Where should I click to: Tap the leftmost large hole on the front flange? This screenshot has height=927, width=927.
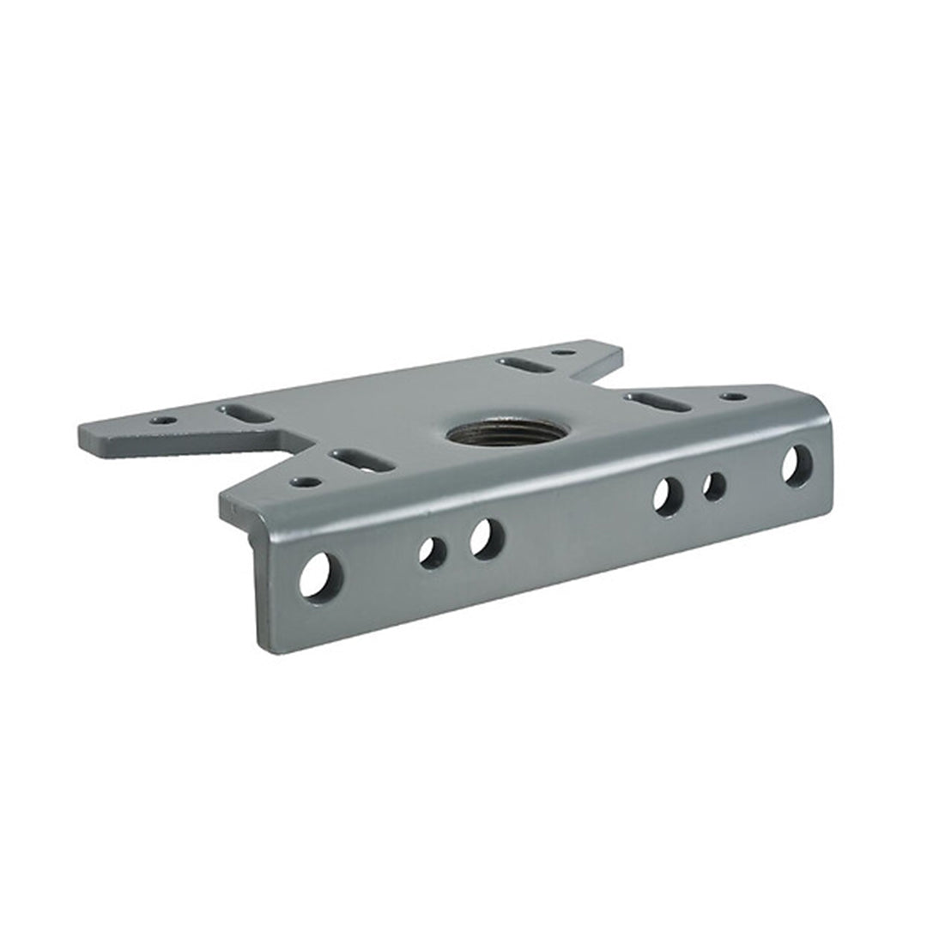click(x=320, y=576)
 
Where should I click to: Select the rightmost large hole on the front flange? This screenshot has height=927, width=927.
click(x=797, y=465)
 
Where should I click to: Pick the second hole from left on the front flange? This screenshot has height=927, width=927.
click(x=433, y=552)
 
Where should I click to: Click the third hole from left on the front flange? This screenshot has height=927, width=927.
click(x=487, y=539)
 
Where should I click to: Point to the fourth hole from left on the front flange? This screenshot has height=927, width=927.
click(x=668, y=496)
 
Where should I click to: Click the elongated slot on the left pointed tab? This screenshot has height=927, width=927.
click(x=246, y=413)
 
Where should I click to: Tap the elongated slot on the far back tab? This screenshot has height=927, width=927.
click(x=524, y=365)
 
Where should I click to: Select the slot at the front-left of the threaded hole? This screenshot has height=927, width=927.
click(x=362, y=460)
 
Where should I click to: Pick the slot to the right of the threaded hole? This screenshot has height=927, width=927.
click(x=657, y=401)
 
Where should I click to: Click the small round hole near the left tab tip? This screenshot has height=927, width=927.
click(x=163, y=421)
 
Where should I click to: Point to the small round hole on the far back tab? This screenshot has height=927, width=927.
click(x=563, y=352)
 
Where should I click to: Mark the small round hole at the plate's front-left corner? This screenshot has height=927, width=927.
click(x=305, y=482)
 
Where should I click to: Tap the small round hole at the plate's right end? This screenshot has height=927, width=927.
click(x=733, y=397)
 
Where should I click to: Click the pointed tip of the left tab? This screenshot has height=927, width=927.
click(x=82, y=433)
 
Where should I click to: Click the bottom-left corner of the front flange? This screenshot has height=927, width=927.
click(x=262, y=650)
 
